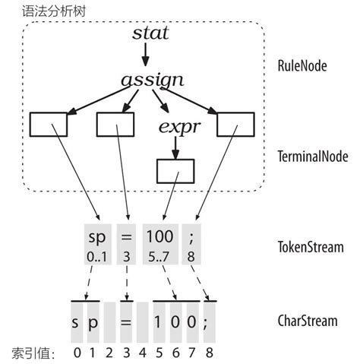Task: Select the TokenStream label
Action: coord(310,247)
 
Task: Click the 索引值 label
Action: coord(30,353)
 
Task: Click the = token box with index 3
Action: coord(127,243)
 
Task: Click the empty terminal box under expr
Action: coord(175,171)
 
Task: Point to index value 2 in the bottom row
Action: coord(109,353)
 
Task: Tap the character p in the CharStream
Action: coord(93,321)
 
